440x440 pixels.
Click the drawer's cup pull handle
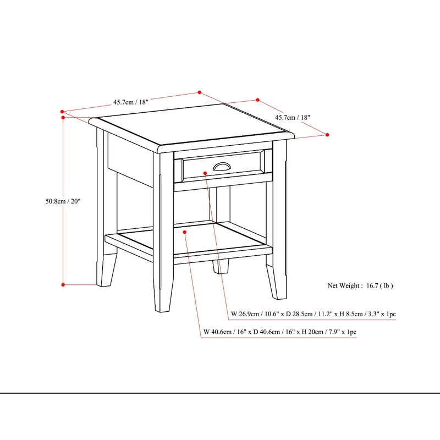coord(222,166)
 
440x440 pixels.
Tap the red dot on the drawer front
coord(205,173)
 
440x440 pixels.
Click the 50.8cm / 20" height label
coord(63,201)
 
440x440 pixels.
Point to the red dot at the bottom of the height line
coord(63,284)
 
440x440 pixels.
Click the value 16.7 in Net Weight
coord(373,285)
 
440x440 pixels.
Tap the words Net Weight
coord(344,285)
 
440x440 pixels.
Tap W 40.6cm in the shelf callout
coord(217,332)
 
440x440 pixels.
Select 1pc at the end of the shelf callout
coord(350,332)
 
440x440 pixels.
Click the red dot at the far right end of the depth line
coord(327,134)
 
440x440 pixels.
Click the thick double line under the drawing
coord(220,394)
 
